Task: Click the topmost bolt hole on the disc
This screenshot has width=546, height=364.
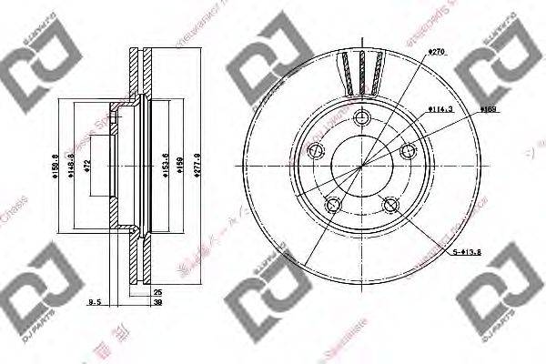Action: [362, 116]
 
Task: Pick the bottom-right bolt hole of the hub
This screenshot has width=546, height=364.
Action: [391, 204]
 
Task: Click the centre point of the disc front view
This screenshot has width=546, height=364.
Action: [362, 165]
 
